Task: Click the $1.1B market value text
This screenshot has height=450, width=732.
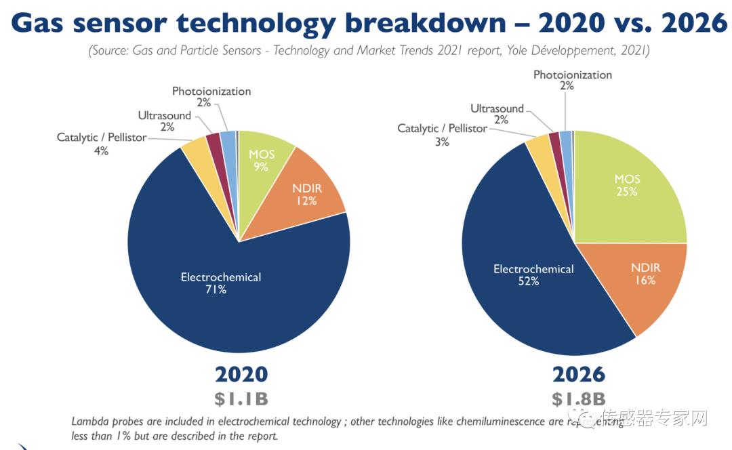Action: pyautogui.click(x=241, y=398)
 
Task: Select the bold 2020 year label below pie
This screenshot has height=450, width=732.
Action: pyautogui.click(x=241, y=375)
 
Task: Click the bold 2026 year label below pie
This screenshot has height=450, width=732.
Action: pyautogui.click(x=577, y=375)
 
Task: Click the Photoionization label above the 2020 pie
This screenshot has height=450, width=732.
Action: pyautogui.click(x=211, y=91)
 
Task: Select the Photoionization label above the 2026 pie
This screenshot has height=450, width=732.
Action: pyautogui.click(x=572, y=75)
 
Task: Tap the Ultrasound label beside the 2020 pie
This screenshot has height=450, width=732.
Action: pyautogui.click(x=164, y=116)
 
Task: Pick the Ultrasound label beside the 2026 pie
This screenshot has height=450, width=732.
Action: pyautogui.click(x=497, y=109)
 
